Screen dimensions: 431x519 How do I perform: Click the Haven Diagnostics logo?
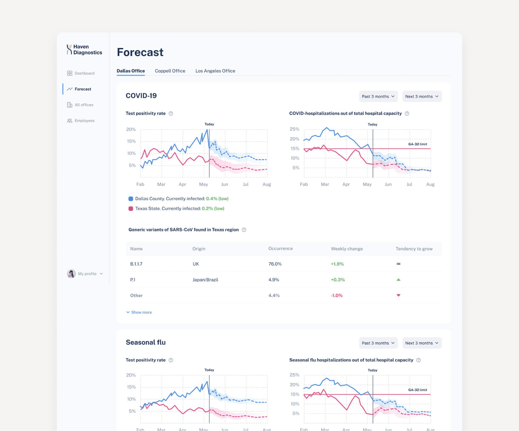click(x=84, y=50)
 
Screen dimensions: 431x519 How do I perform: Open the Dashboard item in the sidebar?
click(x=81, y=73)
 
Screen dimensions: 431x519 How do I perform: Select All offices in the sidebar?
click(x=80, y=105)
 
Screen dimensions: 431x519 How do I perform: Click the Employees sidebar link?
click(x=81, y=121)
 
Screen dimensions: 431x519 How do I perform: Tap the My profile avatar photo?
click(x=71, y=274)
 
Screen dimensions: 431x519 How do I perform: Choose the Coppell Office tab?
click(x=170, y=71)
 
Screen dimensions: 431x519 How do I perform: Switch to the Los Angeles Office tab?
click(x=215, y=71)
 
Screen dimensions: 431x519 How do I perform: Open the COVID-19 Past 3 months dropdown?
click(x=378, y=96)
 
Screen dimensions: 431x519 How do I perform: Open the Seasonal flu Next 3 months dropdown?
click(x=422, y=343)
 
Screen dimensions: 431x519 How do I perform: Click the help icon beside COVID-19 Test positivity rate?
click(x=171, y=113)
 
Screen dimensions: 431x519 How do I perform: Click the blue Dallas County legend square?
click(x=131, y=199)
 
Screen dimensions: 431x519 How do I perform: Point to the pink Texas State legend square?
click(x=131, y=209)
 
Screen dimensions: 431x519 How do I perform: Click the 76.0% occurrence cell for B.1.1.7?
click(x=275, y=264)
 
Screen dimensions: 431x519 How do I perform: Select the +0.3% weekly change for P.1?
click(x=338, y=280)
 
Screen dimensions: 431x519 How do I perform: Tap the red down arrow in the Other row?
click(x=398, y=295)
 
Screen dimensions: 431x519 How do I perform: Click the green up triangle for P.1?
click(x=398, y=280)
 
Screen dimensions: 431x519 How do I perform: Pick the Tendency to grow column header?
click(x=414, y=249)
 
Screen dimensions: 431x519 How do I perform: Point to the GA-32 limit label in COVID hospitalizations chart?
click(x=418, y=144)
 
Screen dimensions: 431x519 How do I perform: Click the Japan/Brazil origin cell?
click(x=205, y=280)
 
